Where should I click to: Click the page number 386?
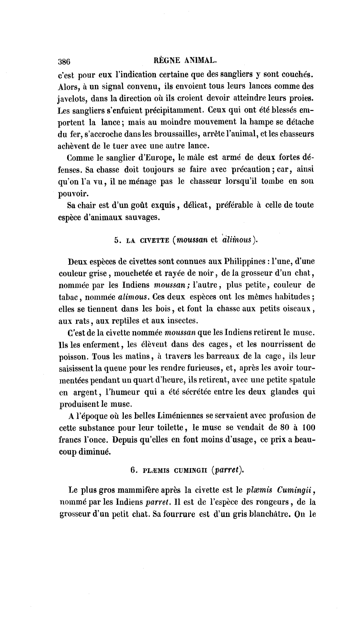point(65,62)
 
